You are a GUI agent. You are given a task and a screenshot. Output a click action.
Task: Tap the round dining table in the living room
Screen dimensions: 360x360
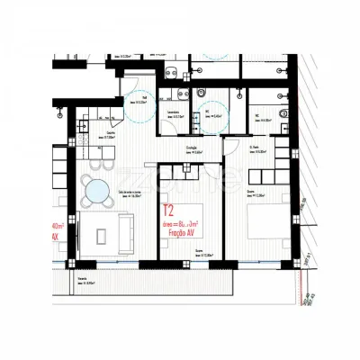[94, 189]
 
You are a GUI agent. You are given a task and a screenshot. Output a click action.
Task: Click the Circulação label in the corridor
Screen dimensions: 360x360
[191, 151]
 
